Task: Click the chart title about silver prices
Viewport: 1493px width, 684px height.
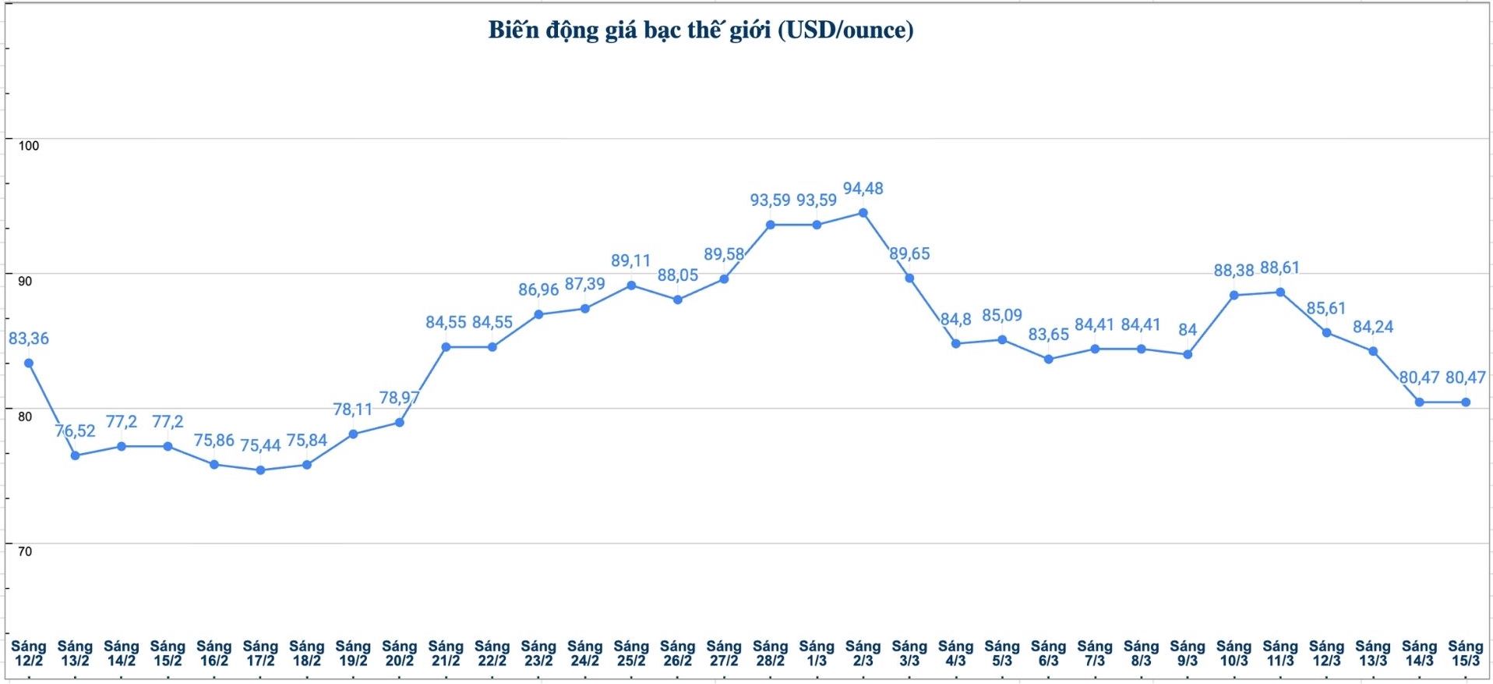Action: [701, 30]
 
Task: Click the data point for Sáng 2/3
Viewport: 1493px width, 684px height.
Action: [863, 212]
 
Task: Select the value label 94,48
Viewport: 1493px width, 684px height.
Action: [863, 189]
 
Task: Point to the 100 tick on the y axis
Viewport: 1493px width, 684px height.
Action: [28, 146]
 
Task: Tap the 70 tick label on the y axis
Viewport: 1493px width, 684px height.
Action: [25, 551]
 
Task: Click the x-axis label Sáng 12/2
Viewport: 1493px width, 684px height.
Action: [28, 654]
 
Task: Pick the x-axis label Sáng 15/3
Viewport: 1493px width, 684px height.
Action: [1465, 654]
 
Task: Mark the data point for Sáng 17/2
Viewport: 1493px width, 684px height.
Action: [260, 470]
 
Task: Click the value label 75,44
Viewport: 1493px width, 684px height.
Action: [260, 446]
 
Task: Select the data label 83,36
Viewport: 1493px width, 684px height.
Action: [28, 338]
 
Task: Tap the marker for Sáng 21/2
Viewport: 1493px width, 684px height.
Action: [446, 347]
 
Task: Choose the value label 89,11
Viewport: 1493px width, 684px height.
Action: [630, 260]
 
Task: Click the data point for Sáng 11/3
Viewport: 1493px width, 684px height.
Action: [1279, 292]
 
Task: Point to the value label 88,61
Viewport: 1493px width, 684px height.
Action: [1279, 268]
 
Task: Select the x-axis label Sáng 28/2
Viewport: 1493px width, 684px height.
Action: [770, 654]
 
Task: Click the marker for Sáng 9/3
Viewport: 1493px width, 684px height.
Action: [1188, 354]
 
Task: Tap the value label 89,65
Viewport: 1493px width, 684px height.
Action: [909, 254]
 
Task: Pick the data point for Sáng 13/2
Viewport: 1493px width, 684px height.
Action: [75, 455]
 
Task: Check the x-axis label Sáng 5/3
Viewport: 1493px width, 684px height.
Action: [1001, 654]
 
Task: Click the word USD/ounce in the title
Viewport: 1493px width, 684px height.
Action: [845, 30]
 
